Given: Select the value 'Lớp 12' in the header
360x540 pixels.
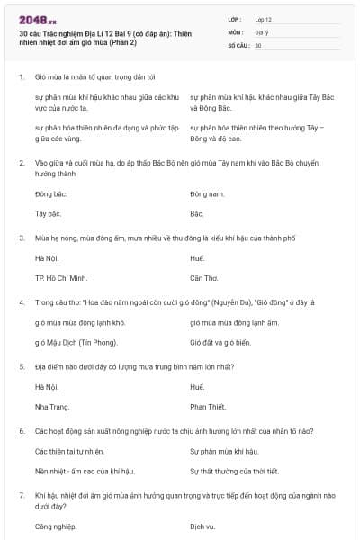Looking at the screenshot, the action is click(263, 18).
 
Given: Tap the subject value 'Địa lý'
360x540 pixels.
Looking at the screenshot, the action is click(261, 31).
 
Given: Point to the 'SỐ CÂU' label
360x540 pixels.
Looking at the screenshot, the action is click(238, 44).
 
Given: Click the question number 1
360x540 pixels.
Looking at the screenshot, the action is click(21, 77).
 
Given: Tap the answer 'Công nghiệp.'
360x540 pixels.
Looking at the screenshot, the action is click(55, 526).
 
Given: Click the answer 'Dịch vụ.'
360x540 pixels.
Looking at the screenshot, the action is click(203, 526).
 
